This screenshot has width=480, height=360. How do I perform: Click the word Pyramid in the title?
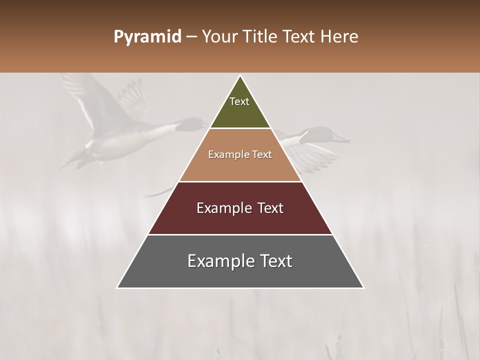147,37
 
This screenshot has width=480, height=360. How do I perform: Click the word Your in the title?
221,37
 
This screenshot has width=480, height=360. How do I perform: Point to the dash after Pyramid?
191,37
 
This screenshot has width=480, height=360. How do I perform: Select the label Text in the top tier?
239,101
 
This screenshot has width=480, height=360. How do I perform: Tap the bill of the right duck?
342,138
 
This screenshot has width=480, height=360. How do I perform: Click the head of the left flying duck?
192,123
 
